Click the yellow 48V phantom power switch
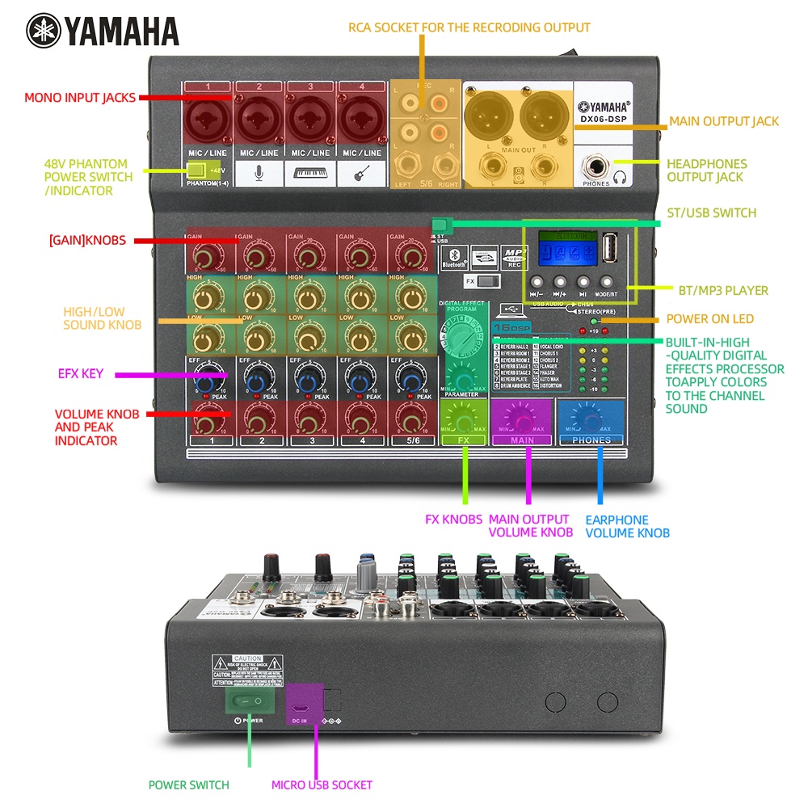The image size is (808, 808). click(x=196, y=170)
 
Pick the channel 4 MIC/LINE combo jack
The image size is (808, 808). click(x=360, y=116)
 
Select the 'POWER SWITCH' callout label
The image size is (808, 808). click(x=188, y=785)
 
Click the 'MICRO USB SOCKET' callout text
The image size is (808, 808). click(x=322, y=785)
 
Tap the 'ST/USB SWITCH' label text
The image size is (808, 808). click(x=711, y=213)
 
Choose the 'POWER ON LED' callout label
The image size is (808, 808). click(x=710, y=319)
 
